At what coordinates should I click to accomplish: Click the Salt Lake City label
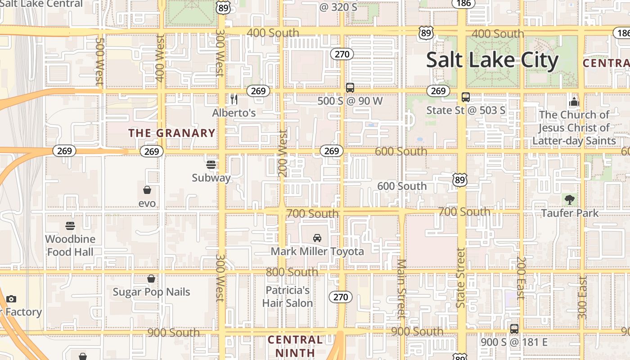pos(492,60)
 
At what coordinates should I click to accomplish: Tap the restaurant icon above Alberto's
pos(234,99)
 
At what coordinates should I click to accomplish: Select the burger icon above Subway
pos(211,164)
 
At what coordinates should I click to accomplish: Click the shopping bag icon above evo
pos(147,190)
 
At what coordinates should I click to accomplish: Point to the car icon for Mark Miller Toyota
pos(317,238)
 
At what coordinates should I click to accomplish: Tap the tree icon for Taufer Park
pos(570,199)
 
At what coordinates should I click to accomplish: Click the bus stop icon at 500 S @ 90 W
pos(350,88)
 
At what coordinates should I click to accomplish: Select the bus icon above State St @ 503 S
pos(466,97)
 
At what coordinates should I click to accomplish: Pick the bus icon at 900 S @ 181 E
pos(514,328)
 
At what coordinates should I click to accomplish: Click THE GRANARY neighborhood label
pos(172,133)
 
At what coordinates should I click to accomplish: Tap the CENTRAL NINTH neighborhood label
pos(295,346)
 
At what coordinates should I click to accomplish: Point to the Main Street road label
pos(402,288)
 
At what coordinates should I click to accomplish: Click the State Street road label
pos(460,278)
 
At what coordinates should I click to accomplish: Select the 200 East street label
pos(521,278)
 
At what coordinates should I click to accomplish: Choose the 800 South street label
pos(292,272)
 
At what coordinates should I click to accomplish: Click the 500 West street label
pos(99,61)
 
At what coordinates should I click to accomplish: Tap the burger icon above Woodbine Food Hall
pos(70,225)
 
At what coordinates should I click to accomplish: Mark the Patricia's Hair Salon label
pos(288,297)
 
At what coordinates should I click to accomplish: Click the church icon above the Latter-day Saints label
pos(574,102)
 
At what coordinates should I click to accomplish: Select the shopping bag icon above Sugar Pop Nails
pos(151,279)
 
